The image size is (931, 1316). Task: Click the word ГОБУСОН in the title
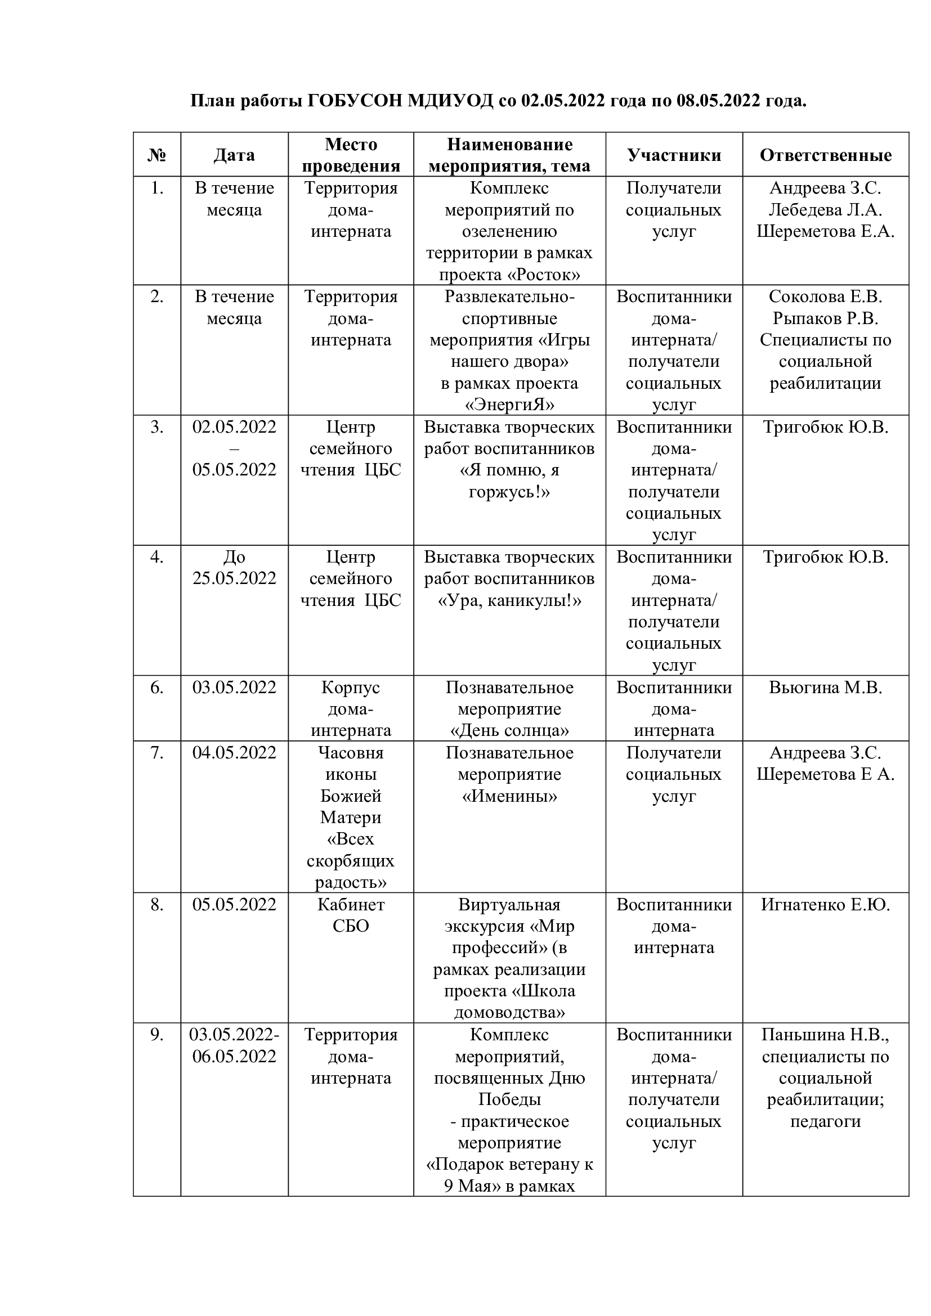click(354, 101)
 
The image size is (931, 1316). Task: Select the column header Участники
click(674, 155)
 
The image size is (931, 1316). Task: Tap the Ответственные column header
click(826, 155)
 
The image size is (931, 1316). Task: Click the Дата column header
click(234, 155)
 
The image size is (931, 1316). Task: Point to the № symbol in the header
click(156, 155)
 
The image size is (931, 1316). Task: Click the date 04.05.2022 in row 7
click(234, 753)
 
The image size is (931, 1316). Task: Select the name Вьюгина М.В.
click(826, 687)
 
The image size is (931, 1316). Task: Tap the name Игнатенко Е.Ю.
click(826, 905)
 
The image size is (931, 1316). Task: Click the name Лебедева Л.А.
click(826, 210)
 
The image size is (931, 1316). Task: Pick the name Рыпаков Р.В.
click(826, 318)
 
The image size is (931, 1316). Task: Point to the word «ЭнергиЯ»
click(509, 405)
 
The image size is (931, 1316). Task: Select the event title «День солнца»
click(509, 731)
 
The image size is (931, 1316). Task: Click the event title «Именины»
click(509, 796)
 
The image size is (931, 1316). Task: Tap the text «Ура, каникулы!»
click(509, 601)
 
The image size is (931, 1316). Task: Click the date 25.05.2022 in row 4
click(234, 578)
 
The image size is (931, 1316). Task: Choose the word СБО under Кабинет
click(350, 926)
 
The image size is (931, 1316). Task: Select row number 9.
click(156, 1035)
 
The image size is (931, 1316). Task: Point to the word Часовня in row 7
click(350, 753)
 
